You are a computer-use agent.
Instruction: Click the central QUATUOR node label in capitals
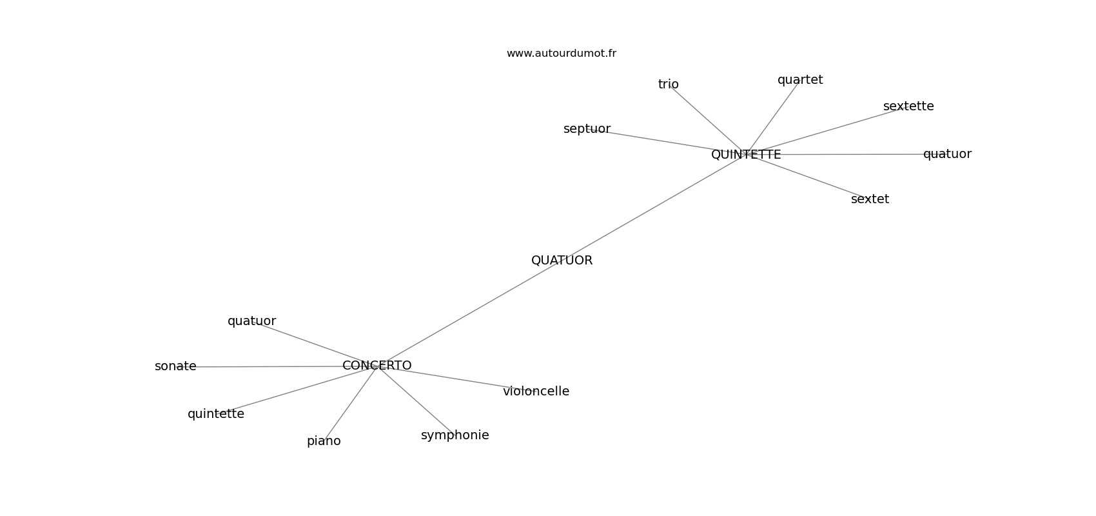tap(562, 261)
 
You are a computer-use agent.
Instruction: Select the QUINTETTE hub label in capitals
tap(746, 155)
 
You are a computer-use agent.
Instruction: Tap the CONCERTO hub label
tap(377, 366)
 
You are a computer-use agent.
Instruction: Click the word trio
tap(668, 84)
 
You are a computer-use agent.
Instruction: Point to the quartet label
tap(799, 80)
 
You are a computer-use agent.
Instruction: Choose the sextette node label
tap(908, 106)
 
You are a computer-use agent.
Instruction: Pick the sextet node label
tap(870, 199)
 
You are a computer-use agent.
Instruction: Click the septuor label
tap(587, 129)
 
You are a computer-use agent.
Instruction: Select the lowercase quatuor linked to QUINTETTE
tap(946, 154)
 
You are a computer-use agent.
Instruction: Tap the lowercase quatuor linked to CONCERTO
tap(251, 321)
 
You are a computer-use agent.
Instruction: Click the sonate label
tap(175, 366)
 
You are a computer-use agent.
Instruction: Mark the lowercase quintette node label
tap(215, 414)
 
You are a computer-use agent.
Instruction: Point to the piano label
tap(324, 441)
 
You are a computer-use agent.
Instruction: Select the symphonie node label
tap(455, 435)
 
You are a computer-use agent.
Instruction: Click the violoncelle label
tap(536, 392)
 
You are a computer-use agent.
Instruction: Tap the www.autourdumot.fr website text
tap(561, 54)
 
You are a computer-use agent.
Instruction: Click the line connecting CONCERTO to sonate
tap(271, 366)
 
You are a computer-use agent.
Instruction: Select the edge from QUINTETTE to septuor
tap(664, 141)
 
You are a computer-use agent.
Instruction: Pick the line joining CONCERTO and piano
tap(351, 402)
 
